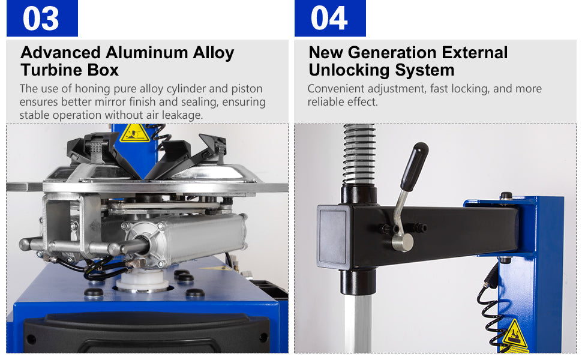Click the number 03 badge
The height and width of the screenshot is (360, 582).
43,18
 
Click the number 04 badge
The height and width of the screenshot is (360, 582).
330,18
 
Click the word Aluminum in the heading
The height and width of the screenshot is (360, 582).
146,53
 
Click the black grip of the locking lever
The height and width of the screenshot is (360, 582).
414,167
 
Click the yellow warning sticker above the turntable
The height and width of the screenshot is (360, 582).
134,133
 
